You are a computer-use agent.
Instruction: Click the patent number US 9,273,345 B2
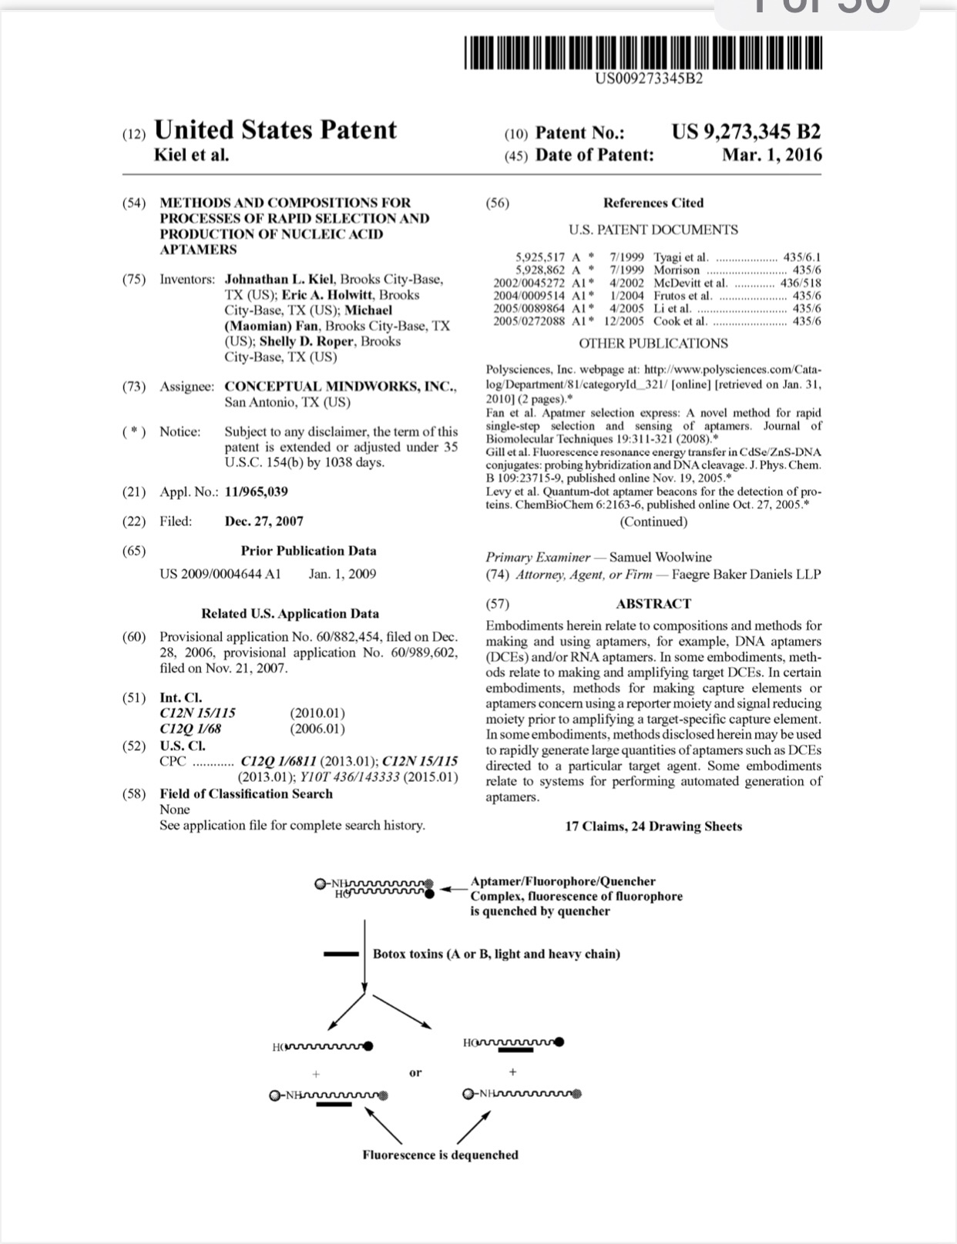tap(745, 132)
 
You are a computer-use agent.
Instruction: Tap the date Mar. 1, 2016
tap(771, 155)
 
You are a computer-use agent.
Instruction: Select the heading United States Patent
tap(275, 129)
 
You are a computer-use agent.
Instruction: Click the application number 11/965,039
tap(256, 491)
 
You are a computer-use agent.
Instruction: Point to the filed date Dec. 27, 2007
tap(264, 521)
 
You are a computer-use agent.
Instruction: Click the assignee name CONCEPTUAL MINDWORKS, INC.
tap(340, 387)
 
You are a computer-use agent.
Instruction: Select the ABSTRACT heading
tap(653, 604)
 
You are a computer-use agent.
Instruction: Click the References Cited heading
tap(653, 203)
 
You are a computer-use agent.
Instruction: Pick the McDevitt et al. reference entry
tap(690, 283)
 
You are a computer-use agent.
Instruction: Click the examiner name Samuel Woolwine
tap(660, 557)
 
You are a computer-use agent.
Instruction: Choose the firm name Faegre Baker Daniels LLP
tap(746, 575)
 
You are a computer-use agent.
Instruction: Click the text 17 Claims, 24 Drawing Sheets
tap(653, 827)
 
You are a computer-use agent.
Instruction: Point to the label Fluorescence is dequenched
tap(440, 1155)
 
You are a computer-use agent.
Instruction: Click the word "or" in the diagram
tap(415, 1072)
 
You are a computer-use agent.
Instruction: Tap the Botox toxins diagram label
tap(496, 954)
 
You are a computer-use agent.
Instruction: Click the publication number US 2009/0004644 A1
tap(220, 574)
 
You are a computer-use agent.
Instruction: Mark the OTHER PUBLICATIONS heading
tap(653, 344)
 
